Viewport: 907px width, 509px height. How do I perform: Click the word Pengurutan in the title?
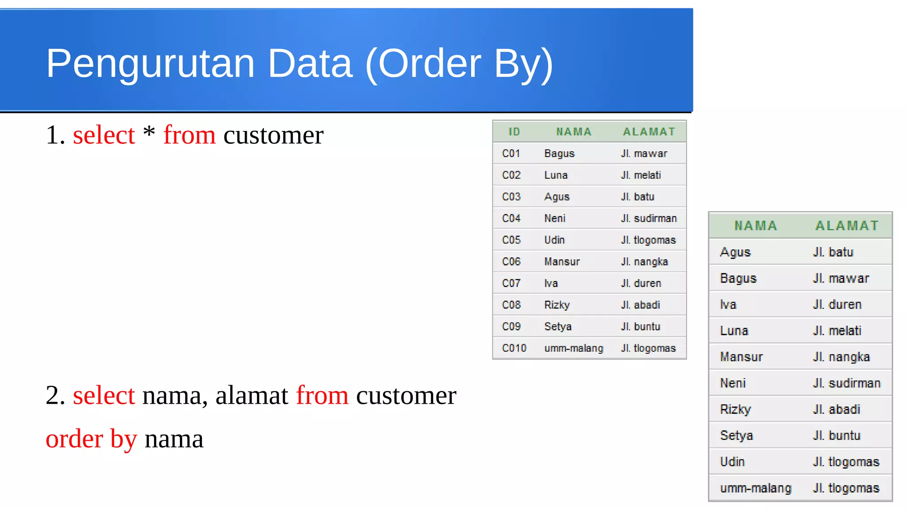150,64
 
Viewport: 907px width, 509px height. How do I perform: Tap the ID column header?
514,132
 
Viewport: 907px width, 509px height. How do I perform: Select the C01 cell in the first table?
511,154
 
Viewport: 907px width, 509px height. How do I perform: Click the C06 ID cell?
511,262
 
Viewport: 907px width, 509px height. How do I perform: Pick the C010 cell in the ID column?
514,348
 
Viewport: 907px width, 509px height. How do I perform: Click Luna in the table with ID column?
556,175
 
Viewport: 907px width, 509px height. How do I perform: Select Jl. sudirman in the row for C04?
648,218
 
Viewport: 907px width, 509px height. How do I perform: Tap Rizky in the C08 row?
557,305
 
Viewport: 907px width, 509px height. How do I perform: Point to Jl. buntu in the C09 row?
640,327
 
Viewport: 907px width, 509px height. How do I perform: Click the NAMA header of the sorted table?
756,226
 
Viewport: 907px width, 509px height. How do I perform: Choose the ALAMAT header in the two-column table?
847,226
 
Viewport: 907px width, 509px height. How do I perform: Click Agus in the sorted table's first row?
735,252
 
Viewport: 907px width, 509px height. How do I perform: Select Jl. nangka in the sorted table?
841,357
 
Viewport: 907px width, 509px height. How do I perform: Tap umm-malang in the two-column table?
756,488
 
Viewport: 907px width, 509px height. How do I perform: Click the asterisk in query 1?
149,132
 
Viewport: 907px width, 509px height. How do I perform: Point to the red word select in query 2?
104,395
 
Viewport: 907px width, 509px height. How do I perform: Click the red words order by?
91,439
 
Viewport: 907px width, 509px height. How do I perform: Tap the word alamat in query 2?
252,395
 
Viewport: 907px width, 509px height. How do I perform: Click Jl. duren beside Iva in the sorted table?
837,305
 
